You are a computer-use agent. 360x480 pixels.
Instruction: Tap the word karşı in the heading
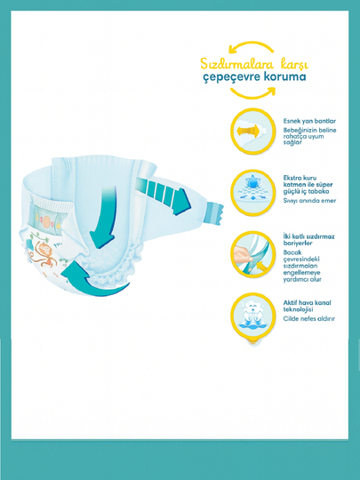tap(294, 65)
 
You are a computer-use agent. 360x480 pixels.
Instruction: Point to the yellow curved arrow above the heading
tap(251, 43)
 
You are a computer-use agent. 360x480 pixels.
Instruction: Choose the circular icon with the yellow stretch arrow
tap(252, 131)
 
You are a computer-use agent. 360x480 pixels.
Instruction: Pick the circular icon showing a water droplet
tap(252, 193)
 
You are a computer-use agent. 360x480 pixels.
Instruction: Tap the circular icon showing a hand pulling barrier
tap(252, 254)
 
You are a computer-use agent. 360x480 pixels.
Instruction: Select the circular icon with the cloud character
tap(252, 316)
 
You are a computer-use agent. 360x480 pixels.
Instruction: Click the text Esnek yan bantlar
tap(309, 121)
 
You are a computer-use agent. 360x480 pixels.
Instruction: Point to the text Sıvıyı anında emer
tap(309, 201)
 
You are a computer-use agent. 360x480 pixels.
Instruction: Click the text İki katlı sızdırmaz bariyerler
tap(308, 240)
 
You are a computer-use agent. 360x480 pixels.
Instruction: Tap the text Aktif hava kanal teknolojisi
tap(307, 306)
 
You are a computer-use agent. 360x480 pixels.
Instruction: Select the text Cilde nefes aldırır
tap(308, 319)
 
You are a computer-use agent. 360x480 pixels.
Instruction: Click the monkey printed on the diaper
tap(44, 253)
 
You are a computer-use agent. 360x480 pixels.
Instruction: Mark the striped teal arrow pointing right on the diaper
tap(164, 195)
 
